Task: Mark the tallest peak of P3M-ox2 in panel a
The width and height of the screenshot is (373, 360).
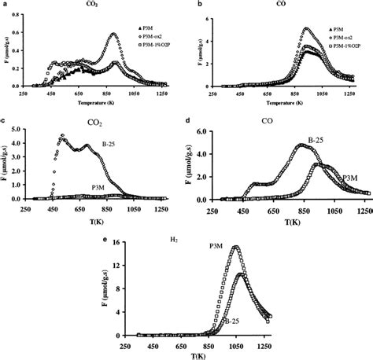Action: click(x=115, y=34)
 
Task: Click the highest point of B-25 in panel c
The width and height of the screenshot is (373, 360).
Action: click(x=62, y=136)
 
